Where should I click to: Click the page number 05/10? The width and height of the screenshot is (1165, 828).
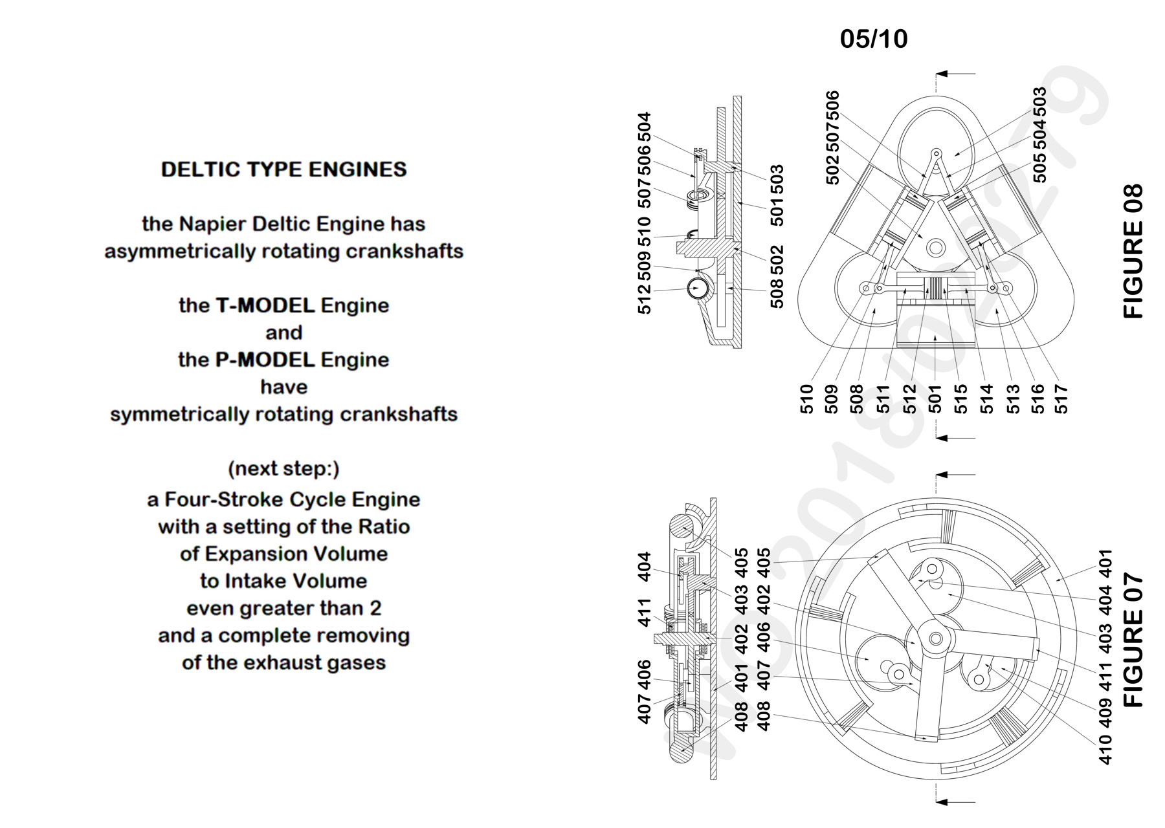pos(874,39)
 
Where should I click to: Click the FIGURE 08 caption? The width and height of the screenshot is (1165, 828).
pos(1133,252)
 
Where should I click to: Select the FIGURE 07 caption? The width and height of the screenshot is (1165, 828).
pos(1133,640)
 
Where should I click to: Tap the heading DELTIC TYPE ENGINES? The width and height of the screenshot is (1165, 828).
pos(283,169)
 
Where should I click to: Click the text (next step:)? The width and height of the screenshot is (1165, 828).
pos(283,468)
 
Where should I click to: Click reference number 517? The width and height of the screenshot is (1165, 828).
pos(1062,399)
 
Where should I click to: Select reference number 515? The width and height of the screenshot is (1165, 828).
pos(961,399)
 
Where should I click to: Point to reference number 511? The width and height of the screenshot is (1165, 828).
pos(885,399)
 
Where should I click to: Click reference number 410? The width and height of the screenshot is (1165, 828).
pos(1105,749)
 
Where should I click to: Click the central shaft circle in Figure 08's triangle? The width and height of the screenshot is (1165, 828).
pos(935,248)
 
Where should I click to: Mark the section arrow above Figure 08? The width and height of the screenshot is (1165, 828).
pos(956,74)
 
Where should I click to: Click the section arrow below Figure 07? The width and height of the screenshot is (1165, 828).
pos(956,802)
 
